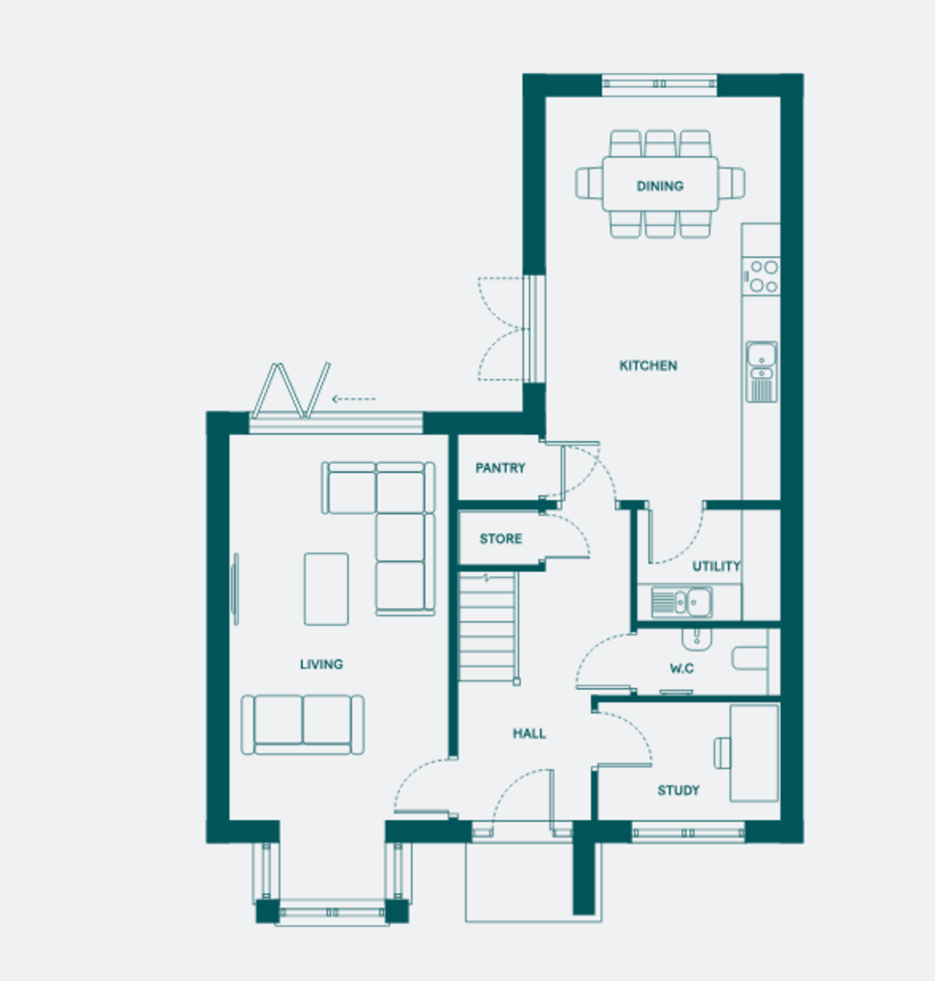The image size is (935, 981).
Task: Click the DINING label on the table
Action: click(x=660, y=186)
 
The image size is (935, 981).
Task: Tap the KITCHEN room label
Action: click(x=648, y=365)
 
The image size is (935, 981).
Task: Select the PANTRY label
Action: click(x=500, y=468)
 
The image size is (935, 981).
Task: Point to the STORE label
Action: click(x=500, y=539)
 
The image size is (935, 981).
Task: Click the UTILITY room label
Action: click(x=716, y=567)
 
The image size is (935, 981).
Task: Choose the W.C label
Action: click(x=682, y=669)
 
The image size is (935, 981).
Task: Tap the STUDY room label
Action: click(x=678, y=791)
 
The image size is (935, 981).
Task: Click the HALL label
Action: click(x=530, y=733)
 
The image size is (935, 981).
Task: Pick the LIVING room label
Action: click(x=321, y=664)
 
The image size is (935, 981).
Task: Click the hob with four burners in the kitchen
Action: click(x=761, y=276)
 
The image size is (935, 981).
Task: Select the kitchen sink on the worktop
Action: click(x=762, y=372)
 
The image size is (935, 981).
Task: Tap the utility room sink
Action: click(x=682, y=602)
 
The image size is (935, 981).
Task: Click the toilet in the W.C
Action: click(x=749, y=658)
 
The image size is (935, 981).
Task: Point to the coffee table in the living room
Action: click(x=326, y=589)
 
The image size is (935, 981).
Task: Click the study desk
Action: click(x=754, y=753)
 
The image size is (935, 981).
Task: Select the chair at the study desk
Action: click(x=722, y=754)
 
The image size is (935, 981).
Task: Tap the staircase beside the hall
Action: click(x=489, y=628)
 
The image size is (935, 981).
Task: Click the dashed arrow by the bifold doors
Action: click(x=354, y=399)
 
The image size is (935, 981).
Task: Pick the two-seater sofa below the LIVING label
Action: click(x=302, y=724)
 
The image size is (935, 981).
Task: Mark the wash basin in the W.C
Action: click(x=697, y=639)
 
